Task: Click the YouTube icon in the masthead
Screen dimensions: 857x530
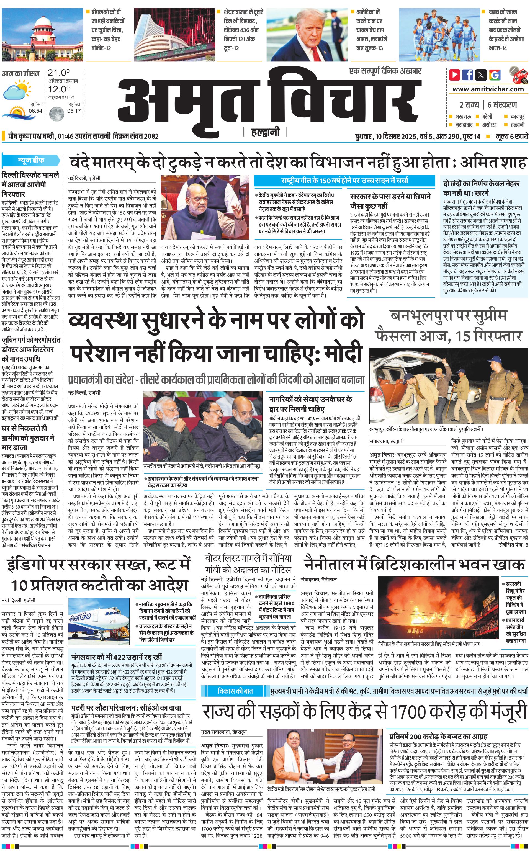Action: pos(454,75)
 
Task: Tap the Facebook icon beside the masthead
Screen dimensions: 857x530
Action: pos(468,75)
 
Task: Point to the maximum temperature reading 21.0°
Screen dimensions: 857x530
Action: pos(58,73)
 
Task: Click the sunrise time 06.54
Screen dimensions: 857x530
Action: pos(35,111)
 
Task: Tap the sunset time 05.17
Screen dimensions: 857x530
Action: pos(74,111)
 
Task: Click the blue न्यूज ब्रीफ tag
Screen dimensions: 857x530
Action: pos(31,161)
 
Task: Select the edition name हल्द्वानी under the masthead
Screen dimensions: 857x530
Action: pos(265,132)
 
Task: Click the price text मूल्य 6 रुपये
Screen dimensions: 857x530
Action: pos(511,136)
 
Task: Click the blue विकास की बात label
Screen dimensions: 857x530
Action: pos(235,691)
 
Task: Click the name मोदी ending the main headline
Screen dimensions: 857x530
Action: pos(342,352)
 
